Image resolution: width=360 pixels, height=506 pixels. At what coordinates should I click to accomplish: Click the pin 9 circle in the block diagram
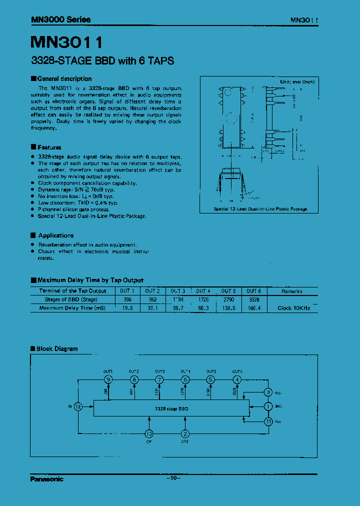coord(107,380)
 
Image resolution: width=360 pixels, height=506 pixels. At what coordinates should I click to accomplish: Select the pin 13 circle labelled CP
coord(148,433)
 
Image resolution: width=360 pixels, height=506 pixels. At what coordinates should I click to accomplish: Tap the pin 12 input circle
coord(78,407)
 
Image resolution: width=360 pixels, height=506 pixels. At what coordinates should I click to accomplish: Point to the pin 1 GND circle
coord(268,406)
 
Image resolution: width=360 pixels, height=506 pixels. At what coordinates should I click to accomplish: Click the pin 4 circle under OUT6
coord(237,380)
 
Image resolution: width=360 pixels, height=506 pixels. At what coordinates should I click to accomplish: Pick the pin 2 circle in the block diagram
coord(185,433)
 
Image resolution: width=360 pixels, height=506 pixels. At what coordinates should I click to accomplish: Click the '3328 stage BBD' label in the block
coord(171,408)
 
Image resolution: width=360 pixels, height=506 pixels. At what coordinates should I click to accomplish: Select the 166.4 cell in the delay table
coord(254,308)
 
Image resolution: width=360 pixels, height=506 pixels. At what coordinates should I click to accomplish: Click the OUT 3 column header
coord(178,291)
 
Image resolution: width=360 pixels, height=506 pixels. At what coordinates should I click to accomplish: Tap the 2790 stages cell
coord(228,299)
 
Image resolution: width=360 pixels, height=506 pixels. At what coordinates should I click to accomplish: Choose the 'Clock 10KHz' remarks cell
coord(293,308)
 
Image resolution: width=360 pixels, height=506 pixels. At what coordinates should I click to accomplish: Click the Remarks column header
coord(292,291)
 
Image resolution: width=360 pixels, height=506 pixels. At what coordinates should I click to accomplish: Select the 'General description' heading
coord(64,78)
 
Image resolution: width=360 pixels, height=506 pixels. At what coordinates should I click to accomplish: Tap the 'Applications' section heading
coord(55,235)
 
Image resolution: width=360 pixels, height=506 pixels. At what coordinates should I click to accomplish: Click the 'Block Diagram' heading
coord(57,348)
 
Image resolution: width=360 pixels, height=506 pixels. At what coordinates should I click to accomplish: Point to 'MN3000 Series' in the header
coord(60,19)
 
